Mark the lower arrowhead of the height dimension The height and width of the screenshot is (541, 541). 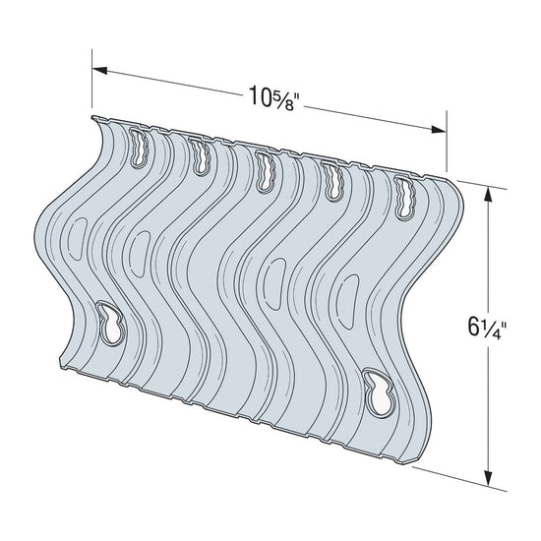489,470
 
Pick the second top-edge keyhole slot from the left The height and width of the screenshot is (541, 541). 202,157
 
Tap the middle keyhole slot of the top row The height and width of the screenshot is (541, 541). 266,169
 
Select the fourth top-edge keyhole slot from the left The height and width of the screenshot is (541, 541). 332,180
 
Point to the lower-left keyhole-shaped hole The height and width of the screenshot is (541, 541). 111,323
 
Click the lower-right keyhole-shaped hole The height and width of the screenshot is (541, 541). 377,389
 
